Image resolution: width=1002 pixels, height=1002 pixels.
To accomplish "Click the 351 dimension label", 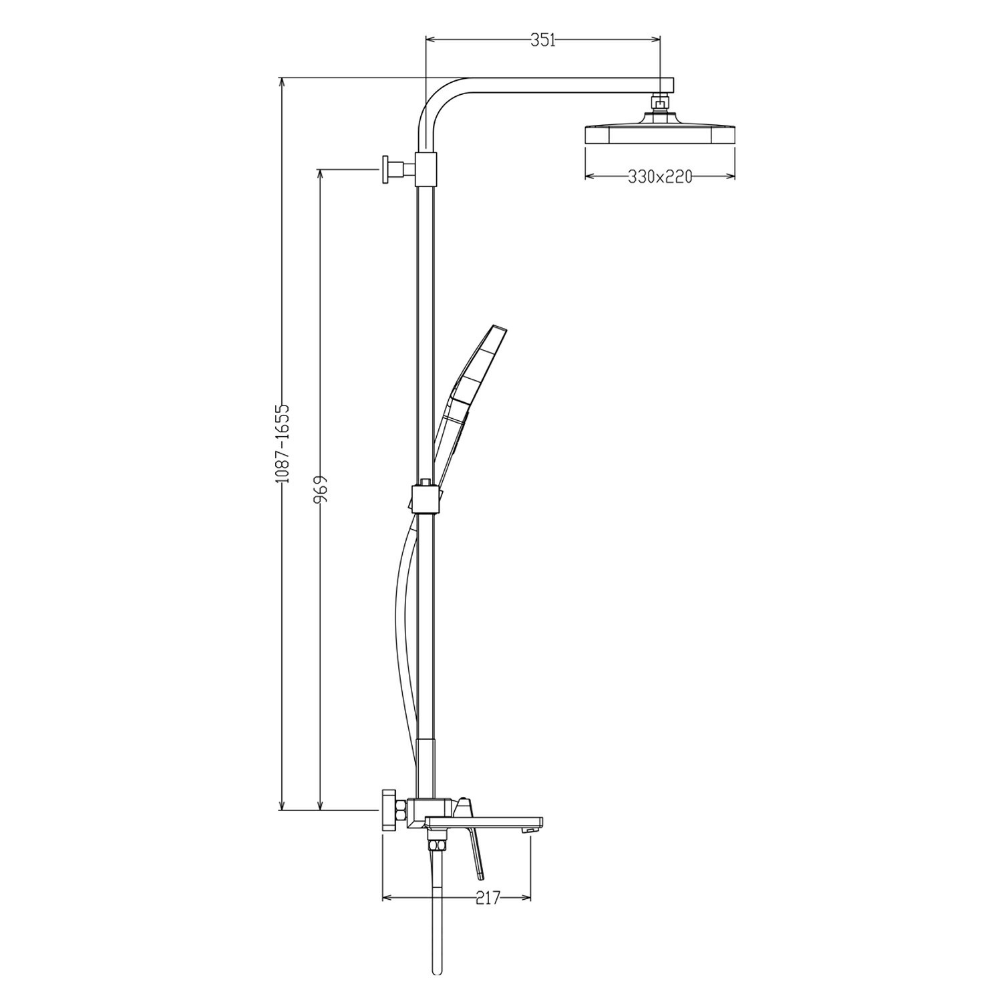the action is tap(542, 40).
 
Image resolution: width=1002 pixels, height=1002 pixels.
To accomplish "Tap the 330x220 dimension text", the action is tap(659, 177).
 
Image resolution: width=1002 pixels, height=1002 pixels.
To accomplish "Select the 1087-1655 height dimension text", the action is tap(283, 444).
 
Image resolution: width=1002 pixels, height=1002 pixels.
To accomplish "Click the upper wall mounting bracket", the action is tap(408, 168).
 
